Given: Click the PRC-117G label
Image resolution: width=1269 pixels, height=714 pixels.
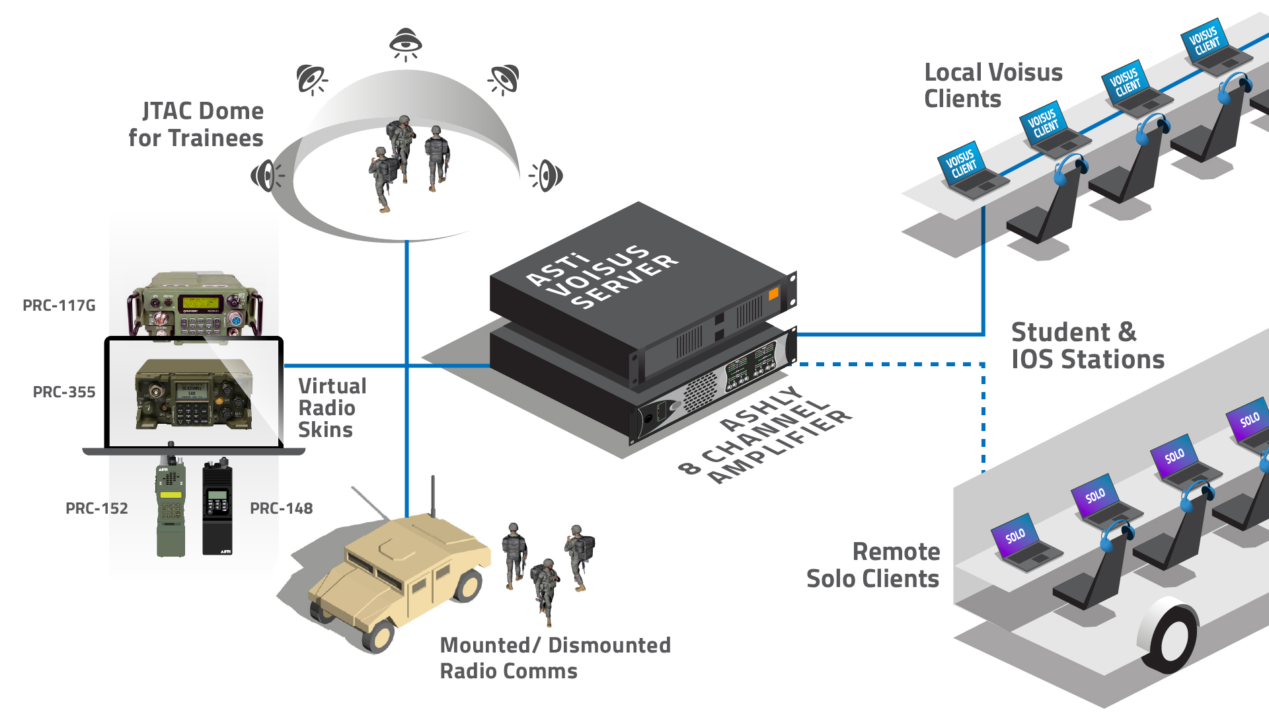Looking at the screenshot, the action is click(x=59, y=305).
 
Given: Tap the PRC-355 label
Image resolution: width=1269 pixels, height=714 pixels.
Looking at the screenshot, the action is click(x=64, y=392).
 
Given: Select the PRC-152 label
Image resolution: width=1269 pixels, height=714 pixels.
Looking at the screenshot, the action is click(x=96, y=508).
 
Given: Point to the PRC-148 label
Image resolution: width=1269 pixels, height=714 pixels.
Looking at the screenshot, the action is click(x=281, y=508).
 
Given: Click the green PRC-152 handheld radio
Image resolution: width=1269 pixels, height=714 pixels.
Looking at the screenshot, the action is click(x=171, y=506).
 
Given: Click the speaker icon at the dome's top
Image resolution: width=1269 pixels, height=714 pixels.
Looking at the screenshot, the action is click(x=405, y=44).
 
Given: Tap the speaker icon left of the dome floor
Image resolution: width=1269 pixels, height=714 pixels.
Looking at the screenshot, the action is click(x=266, y=175).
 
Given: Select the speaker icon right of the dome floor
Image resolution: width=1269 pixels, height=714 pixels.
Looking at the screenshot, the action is click(x=547, y=176).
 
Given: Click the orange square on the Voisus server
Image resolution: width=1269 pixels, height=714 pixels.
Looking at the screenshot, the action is click(x=773, y=293).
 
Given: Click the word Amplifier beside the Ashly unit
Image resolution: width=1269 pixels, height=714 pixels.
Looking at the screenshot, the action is click(x=781, y=447).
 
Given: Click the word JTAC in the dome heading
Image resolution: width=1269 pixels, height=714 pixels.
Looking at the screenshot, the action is click(x=170, y=112).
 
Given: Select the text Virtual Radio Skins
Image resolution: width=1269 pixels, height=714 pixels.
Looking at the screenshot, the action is click(x=332, y=408).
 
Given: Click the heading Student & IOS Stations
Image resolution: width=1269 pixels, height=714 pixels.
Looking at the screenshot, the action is click(x=1087, y=346).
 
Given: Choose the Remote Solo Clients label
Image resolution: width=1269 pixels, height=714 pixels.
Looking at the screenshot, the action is click(x=873, y=565).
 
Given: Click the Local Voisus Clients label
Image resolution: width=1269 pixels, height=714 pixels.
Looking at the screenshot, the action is click(x=993, y=85).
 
